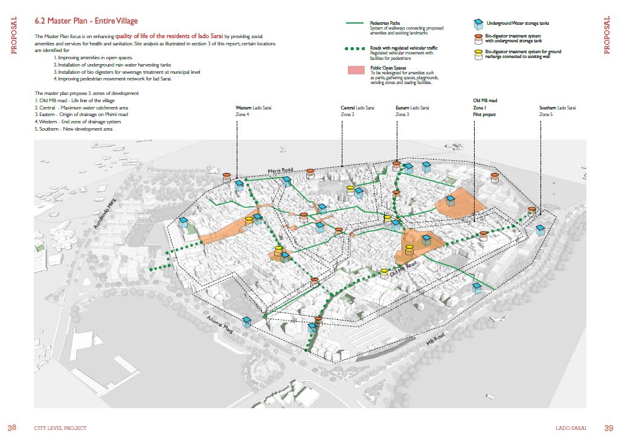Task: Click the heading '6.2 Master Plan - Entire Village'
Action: coord(86,21)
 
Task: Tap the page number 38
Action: coord(11,428)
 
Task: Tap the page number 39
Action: coord(608,428)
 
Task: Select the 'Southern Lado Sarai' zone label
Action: coord(557,108)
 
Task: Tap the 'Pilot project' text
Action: coord(484,114)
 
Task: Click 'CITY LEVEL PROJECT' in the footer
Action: coord(60,428)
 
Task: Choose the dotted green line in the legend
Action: coord(356,48)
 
